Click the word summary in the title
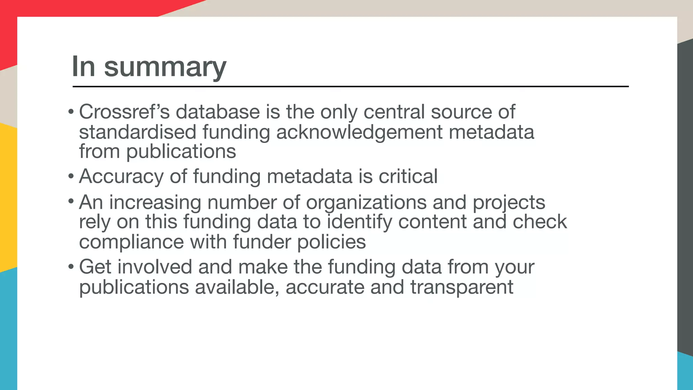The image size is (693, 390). pos(165,67)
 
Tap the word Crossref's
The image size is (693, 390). pos(124,112)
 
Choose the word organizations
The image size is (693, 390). pos(366,202)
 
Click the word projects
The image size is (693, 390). pos(509,202)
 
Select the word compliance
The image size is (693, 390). pos(131,242)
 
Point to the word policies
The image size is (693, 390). pos(331,242)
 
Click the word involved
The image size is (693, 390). pos(155,267)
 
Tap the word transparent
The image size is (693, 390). pos(462,287)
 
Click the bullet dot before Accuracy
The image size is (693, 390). pos(71,176)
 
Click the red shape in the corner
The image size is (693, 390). pos(51,10)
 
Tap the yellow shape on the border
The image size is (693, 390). pos(7,196)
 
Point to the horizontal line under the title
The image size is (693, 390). pos(350,87)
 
